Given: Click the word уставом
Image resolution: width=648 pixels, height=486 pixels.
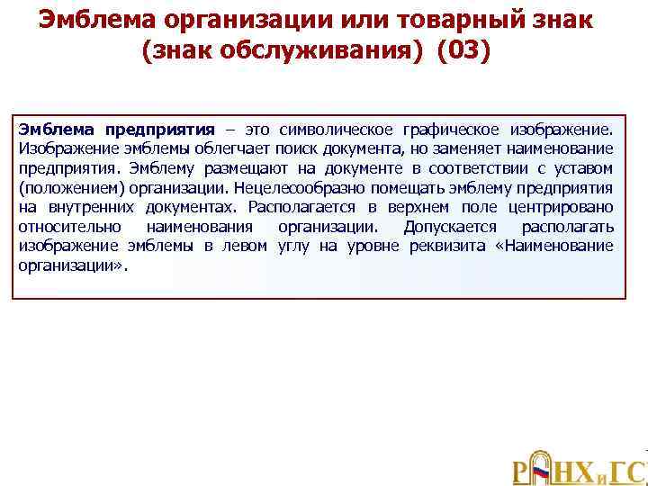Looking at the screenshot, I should point(583,167).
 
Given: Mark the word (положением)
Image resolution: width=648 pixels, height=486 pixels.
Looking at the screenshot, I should point(69,187).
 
